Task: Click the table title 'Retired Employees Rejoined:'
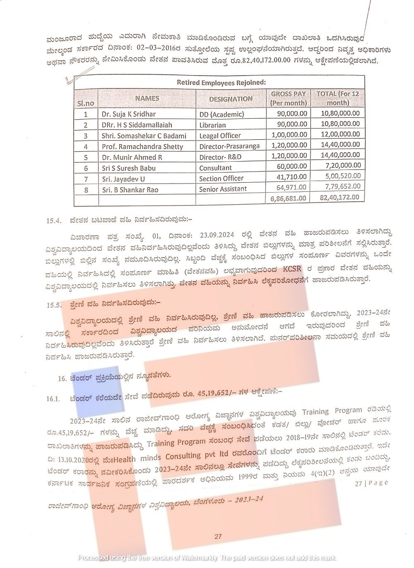coord(221,82)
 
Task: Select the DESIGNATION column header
coord(230,99)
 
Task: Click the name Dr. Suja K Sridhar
coord(129,114)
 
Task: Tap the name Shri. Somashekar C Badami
coord(144,136)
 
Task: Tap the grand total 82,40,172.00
coord(339,198)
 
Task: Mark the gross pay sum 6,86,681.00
coord(289,198)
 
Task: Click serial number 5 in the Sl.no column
coord(86,158)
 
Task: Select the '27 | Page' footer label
coord(371,483)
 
